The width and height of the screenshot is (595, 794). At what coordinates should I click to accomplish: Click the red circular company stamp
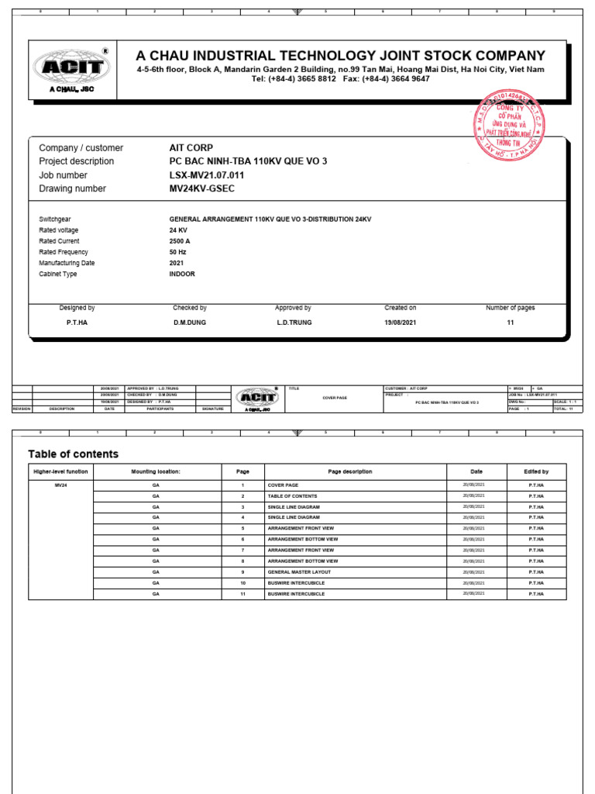click(509, 125)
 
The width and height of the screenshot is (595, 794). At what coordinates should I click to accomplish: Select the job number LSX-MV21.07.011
click(207, 175)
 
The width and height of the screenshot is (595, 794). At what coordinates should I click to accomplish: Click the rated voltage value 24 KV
click(178, 230)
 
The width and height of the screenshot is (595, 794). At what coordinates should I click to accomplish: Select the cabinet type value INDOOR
click(182, 274)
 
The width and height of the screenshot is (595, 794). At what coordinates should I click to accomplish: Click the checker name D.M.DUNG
click(189, 322)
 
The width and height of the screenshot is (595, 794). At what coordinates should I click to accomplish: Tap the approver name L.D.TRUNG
click(294, 322)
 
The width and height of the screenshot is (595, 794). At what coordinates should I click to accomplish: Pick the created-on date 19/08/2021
click(400, 322)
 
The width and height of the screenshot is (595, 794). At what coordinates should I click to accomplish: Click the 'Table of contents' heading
click(73, 454)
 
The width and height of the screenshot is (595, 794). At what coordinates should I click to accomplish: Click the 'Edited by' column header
click(536, 471)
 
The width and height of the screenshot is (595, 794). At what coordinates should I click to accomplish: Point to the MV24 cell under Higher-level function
click(60, 485)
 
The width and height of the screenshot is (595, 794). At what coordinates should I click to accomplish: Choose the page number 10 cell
click(242, 582)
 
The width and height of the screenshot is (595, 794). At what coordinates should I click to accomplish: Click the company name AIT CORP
click(191, 147)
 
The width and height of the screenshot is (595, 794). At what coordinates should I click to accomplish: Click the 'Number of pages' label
click(510, 308)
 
